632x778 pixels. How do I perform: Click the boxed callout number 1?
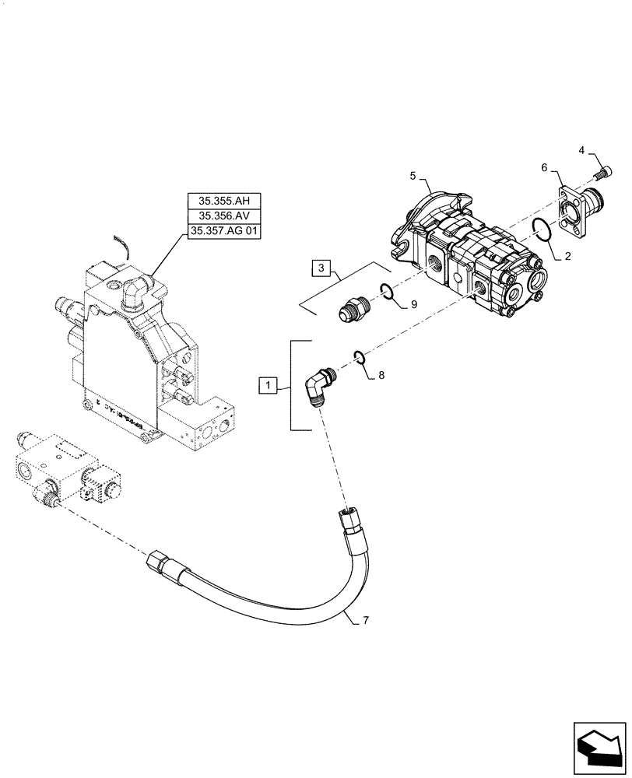tap(267, 384)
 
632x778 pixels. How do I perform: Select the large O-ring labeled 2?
tap(542, 230)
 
